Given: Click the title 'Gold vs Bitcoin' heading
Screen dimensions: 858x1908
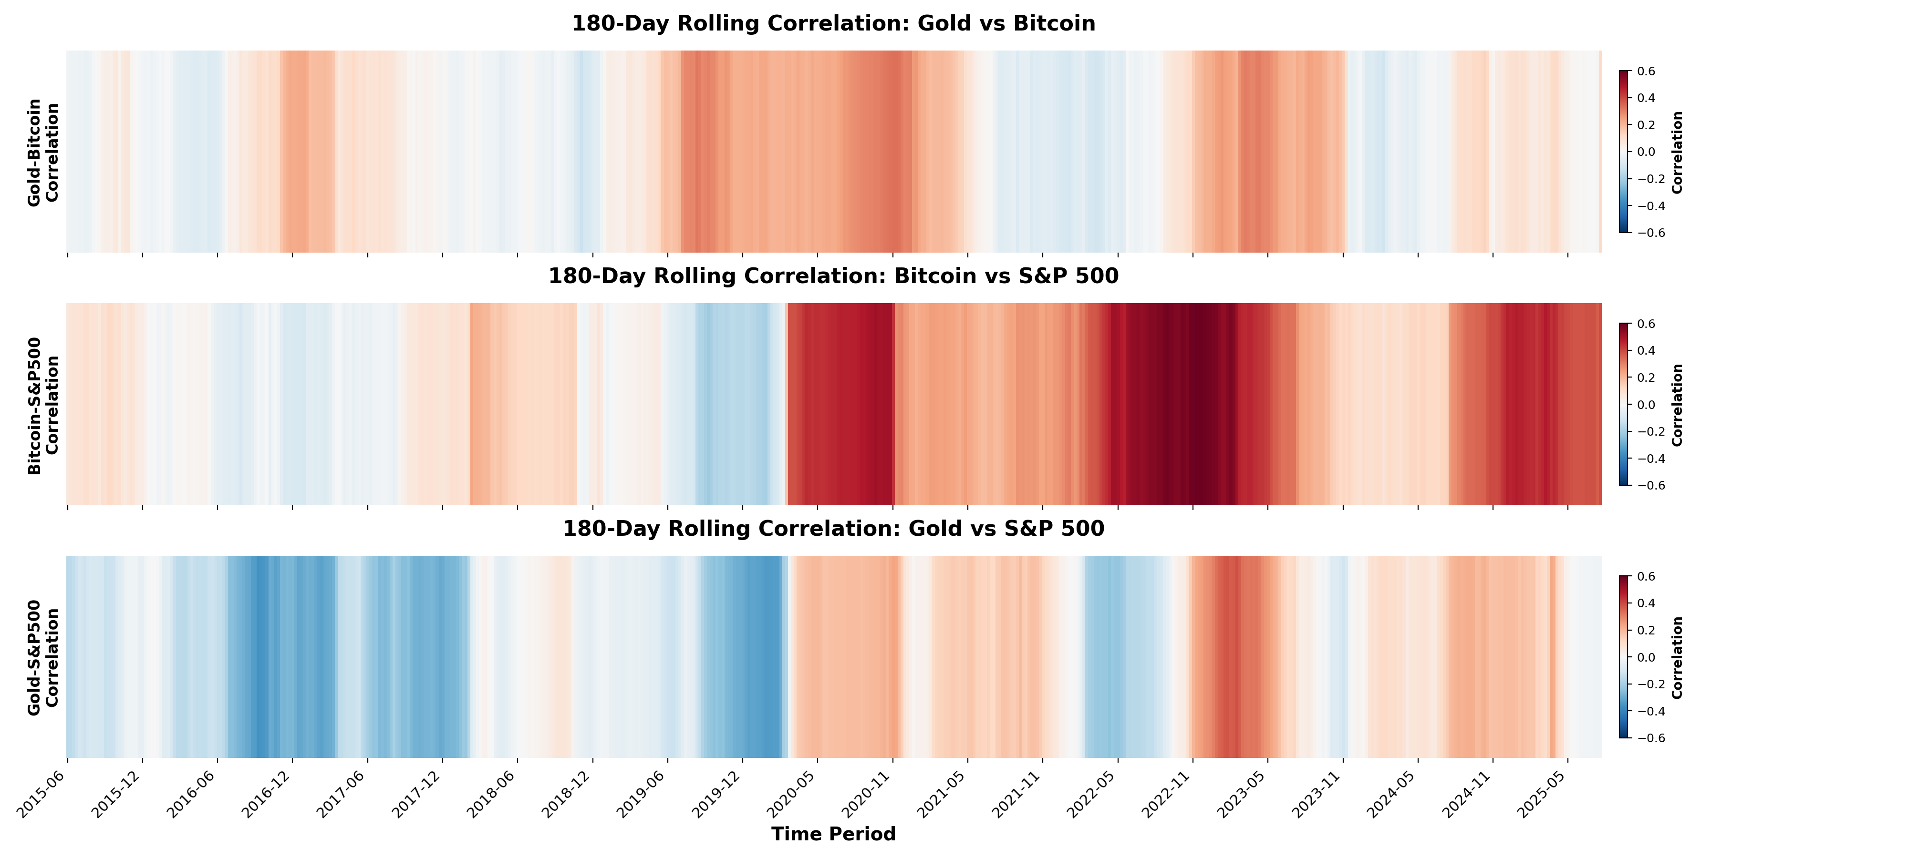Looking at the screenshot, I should coord(833,24).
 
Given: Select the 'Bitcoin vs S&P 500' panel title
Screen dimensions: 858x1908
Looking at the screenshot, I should coord(833,276).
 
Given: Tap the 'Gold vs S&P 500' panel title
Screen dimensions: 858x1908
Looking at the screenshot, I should coord(833,529).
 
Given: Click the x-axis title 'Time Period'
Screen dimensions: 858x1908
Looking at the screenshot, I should coord(833,834).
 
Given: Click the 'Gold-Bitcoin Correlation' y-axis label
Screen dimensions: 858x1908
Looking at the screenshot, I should coord(43,152).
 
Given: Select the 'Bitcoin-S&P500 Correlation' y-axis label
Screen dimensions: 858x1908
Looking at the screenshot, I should coord(43,405).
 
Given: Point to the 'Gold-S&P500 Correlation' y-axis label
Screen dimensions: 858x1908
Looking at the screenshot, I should coord(43,657).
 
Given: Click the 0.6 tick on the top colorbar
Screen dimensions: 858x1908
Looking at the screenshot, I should coord(1646,71).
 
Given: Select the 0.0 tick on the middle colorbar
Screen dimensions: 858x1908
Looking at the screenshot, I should coord(1646,405).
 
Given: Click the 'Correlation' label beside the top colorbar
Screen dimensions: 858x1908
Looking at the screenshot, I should coord(1678,152).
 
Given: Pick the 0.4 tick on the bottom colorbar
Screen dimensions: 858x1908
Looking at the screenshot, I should coord(1646,603).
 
